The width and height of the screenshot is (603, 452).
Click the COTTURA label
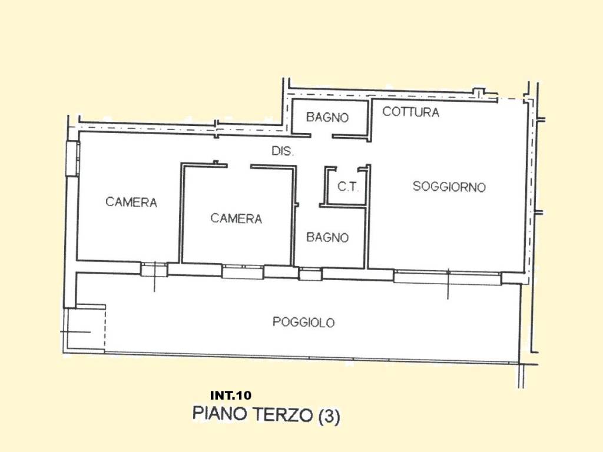tap(410, 112)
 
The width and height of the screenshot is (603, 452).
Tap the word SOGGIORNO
tap(449, 187)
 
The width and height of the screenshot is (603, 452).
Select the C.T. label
tap(347, 187)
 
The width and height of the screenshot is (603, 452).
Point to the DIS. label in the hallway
tap(283, 151)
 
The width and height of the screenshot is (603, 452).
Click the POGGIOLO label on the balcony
tap(303, 322)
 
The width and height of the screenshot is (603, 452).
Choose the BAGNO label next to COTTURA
tap(327, 117)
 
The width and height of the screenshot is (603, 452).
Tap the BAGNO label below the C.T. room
tap(327, 238)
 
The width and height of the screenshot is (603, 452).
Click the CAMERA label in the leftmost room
tap(131, 202)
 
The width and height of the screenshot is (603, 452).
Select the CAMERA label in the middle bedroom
tap(236, 218)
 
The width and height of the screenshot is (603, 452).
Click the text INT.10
tap(230, 395)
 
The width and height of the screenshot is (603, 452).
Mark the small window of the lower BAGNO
tap(310, 274)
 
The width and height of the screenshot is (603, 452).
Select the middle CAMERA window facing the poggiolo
tap(243, 271)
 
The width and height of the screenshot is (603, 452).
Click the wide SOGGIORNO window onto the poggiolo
tap(447, 277)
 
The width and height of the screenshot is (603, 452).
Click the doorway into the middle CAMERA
tap(238, 167)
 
